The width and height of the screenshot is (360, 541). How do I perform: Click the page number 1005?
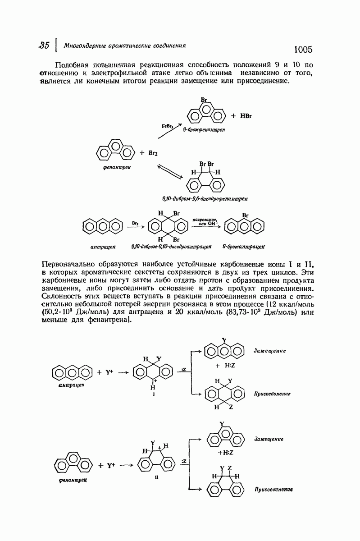pyautogui.click(x=303, y=49)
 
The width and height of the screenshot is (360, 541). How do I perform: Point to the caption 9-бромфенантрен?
pyautogui.click(x=204, y=130)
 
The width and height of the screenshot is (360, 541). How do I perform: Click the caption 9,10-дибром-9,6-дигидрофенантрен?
pyautogui.click(x=205, y=198)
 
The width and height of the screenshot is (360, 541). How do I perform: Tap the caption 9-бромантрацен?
pyautogui.click(x=243, y=247)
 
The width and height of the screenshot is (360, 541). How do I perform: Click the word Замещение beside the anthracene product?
pyautogui.click(x=270, y=350)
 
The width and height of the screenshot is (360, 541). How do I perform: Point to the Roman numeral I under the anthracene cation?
pyautogui.click(x=152, y=394)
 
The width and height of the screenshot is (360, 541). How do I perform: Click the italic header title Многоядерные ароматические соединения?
pyautogui.click(x=125, y=46)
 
